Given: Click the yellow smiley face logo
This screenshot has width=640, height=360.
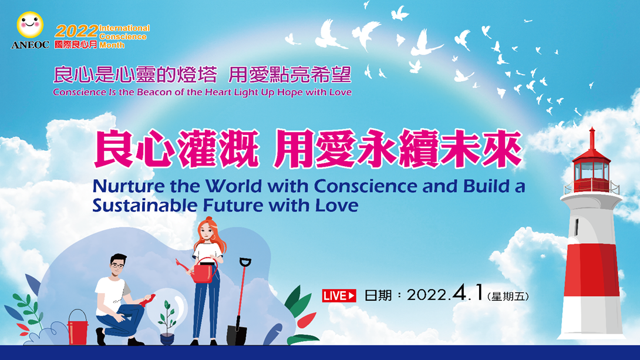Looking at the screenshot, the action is pos(30,25).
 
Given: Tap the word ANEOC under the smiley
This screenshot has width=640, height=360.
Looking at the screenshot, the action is pos(30,45).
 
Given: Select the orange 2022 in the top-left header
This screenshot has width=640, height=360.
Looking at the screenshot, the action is pos(76,32).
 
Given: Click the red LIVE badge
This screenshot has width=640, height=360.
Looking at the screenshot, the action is pos(339,295).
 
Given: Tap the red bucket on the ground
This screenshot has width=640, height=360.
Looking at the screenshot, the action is pos(78,327).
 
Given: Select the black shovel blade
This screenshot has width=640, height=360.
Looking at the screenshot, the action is pos(237,335).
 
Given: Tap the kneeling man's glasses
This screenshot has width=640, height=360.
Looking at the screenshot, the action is pos(118,265).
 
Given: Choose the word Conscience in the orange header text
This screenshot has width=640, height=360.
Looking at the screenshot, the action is pos(123,37).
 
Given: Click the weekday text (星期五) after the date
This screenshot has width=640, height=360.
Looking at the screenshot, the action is pos(508,297).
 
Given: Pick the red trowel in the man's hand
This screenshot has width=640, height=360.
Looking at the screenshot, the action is pos(147,300).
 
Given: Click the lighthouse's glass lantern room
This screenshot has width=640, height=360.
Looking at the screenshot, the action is pos(591,171).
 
